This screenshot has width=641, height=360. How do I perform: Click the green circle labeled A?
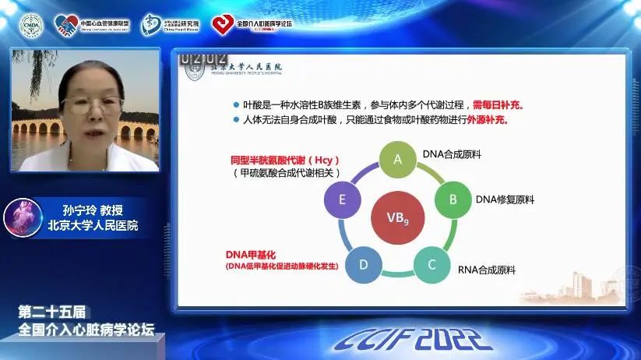397,160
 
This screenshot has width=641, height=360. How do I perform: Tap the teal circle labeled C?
431,264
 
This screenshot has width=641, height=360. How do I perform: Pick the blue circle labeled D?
363,264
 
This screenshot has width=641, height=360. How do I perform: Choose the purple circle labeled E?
342,199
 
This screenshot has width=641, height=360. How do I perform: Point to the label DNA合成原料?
451,154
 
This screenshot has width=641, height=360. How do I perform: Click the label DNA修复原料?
505,199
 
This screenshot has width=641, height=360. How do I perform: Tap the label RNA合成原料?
487,270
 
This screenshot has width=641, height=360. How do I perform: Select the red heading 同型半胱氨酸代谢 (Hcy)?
291,160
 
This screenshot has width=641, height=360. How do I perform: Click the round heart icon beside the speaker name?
23,218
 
